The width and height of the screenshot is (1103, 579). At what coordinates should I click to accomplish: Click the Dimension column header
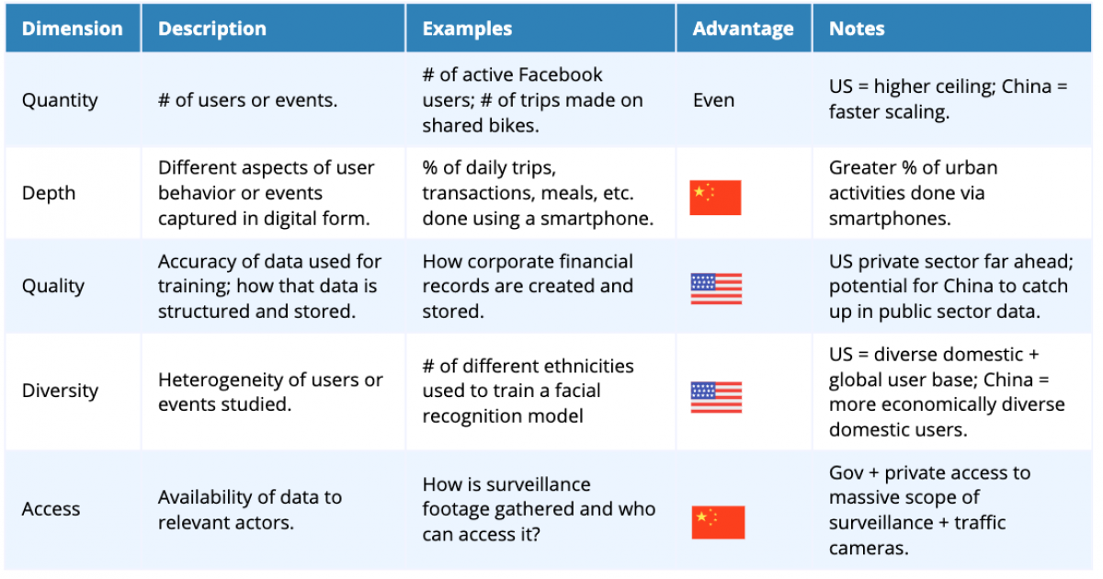coord(73,28)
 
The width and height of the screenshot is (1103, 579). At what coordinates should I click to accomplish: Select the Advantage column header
coord(743,28)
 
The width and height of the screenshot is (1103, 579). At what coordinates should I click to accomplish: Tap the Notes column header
coord(857,28)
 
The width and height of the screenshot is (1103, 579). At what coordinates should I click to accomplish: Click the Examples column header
coord(467,28)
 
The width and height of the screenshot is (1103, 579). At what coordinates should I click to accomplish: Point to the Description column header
coord(212,28)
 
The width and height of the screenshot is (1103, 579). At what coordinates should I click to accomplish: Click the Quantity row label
coord(60,100)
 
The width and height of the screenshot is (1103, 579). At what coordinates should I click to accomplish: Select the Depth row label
coord(48,193)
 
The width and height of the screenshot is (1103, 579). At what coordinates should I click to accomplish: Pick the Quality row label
coord(52,286)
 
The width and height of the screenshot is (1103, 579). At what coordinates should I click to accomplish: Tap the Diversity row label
coord(60,391)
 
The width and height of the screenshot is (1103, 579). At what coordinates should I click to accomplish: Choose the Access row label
coord(51,508)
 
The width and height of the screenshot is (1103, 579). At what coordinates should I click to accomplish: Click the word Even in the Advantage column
coord(713,100)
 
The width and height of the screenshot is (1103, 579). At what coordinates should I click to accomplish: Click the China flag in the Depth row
coord(715,198)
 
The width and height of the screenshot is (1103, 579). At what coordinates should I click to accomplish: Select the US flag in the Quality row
coord(716,289)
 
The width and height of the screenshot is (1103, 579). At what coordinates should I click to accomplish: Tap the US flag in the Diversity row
coord(716,397)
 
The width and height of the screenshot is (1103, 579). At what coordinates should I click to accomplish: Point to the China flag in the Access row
coord(718,522)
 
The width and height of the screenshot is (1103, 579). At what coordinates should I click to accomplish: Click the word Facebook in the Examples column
coord(561,74)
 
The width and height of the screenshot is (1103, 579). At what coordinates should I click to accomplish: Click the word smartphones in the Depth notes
coord(890,219)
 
